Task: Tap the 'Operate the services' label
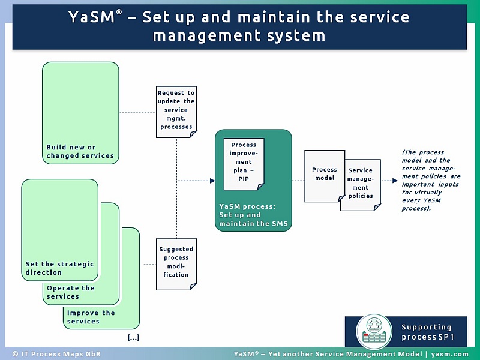click(71, 292)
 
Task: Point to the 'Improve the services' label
click(91, 317)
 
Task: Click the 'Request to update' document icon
click(176, 111)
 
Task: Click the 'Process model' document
click(324, 175)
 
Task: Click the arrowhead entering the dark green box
click(212, 180)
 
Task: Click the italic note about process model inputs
click(431, 180)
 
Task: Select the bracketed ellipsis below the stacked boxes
click(133, 338)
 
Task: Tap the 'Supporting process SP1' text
click(427, 332)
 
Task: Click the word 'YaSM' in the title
click(92, 17)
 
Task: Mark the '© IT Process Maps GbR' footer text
click(53, 354)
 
